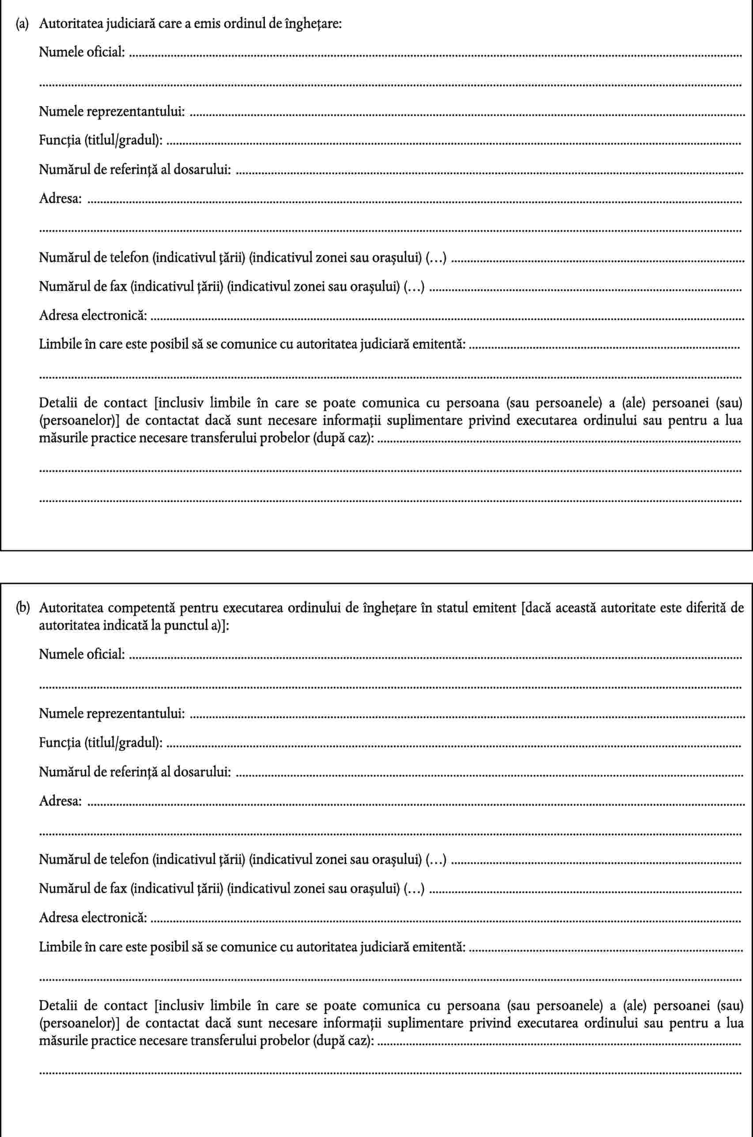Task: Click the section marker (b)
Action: [22, 608]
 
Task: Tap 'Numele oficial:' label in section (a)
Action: [82, 52]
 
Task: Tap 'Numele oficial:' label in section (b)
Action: [82, 653]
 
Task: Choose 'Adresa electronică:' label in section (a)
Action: [93, 316]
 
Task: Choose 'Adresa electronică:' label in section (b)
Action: [93, 918]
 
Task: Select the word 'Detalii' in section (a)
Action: [55, 402]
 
